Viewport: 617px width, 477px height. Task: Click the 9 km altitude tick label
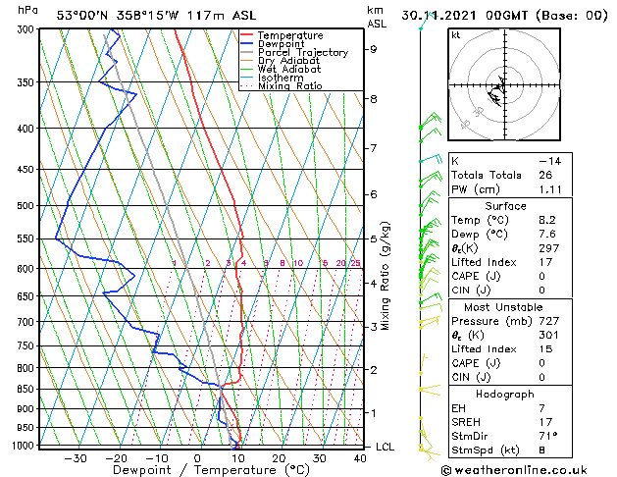[373, 49]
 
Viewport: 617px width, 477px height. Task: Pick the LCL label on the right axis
[386, 447]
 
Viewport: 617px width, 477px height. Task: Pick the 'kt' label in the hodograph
[455, 35]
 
